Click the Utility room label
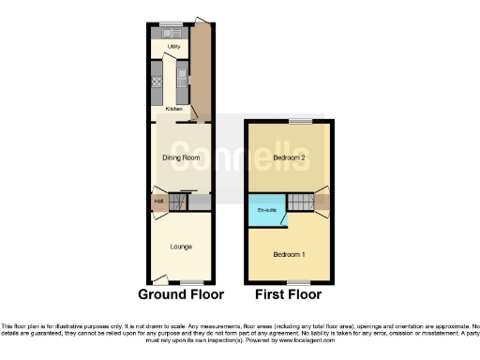click(173, 46)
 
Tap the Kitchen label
click(173, 109)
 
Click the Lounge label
click(181, 247)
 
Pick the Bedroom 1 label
click(289, 254)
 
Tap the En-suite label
click(265, 210)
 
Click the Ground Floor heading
click(181, 294)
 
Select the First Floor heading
click(289, 294)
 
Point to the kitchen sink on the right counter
click(183, 76)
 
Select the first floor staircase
click(301, 202)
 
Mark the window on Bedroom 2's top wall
click(300, 121)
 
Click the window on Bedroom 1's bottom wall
click(300, 282)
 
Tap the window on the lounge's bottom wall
click(191, 282)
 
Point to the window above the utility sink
click(170, 22)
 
